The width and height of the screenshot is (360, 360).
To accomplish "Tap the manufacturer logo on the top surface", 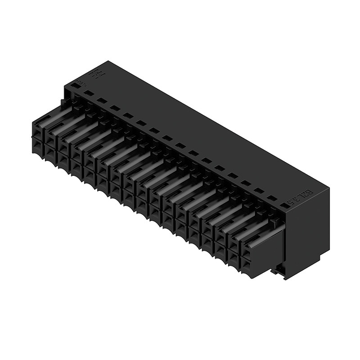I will coord(95,75).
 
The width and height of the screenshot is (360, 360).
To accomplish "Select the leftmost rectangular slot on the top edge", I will coord(88,94).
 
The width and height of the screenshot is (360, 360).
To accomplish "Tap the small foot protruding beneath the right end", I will coord(277,271).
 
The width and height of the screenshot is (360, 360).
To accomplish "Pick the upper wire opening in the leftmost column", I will coord(38,128).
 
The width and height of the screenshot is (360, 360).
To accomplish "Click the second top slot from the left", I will coord(101,101).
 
